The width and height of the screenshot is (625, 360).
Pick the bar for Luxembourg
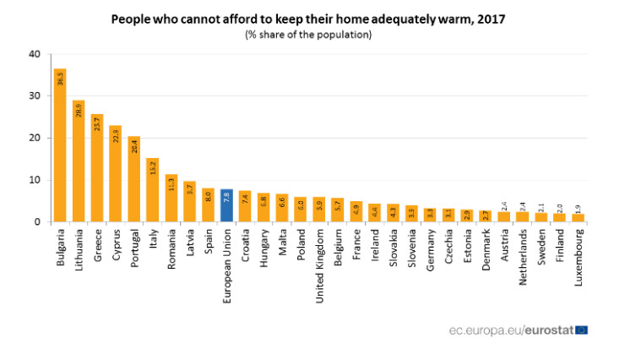(x=578, y=217)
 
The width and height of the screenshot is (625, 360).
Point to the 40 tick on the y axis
(x=35, y=54)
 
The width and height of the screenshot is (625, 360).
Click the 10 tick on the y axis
(x=35, y=180)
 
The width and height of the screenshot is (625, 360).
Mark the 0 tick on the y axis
(x=37, y=222)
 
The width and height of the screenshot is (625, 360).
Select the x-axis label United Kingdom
(x=318, y=261)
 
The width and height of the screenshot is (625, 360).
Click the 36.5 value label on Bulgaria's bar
(x=60, y=79)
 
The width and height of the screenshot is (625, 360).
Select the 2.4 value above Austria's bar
(x=503, y=205)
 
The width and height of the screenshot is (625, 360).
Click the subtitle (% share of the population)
(x=308, y=35)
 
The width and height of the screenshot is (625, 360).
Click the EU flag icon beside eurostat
(x=581, y=330)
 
